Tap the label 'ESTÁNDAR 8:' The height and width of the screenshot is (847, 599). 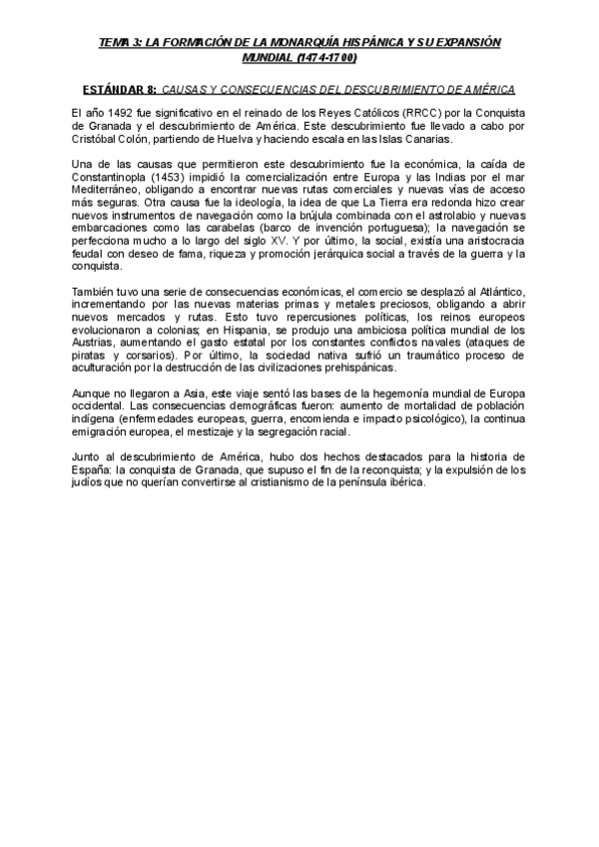119,89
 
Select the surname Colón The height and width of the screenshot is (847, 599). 159,141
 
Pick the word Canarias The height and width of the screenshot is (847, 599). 427,141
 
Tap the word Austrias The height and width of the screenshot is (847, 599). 97,342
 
